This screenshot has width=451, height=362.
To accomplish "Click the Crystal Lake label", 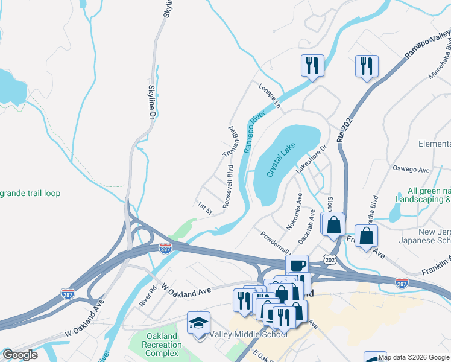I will [x=282, y=159].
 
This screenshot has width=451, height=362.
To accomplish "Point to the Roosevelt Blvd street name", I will [x=228, y=192].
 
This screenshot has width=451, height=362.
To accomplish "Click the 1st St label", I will [x=206, y=208].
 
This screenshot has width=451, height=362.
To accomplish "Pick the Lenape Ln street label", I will [x=270, y=96].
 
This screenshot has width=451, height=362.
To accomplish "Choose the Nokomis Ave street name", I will [x=298, y=207].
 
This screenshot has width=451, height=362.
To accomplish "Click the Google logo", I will [x=20, y=355].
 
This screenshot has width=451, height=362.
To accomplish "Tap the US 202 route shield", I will [x=329, y=258].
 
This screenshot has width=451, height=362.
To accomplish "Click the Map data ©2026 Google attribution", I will [x=414, y=357].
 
